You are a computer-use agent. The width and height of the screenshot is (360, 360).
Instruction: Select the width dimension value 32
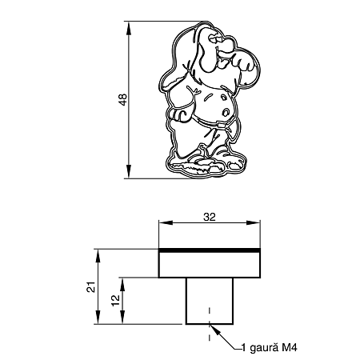point(210,215)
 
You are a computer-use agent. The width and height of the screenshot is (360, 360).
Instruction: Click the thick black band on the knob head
point(210,251)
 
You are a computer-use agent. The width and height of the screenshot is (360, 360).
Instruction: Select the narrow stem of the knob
point(210,300)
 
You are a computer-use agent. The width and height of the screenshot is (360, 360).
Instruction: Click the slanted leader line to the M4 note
point(226,339)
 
